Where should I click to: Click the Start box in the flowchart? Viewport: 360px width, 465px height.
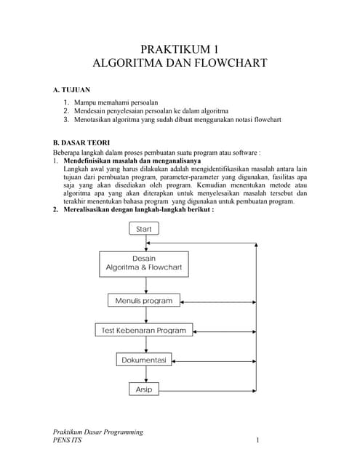click(144, 229)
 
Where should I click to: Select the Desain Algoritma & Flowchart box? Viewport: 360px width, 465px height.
click(143, 264)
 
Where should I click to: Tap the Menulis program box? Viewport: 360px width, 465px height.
click(144, 300)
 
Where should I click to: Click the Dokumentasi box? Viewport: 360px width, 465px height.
click(144, 360)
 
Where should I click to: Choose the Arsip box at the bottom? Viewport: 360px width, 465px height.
click(144, 389)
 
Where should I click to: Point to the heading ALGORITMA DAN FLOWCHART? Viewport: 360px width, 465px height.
click(179, 63)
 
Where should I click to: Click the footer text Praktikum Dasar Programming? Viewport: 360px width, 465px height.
click(98, 432)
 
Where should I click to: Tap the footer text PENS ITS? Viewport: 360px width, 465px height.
click(68, 441)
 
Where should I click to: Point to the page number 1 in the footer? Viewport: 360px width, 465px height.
click(257, 441)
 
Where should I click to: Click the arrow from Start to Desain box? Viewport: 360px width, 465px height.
click(144, 243)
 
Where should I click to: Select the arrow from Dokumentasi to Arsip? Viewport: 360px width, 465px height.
click(144, 374)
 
